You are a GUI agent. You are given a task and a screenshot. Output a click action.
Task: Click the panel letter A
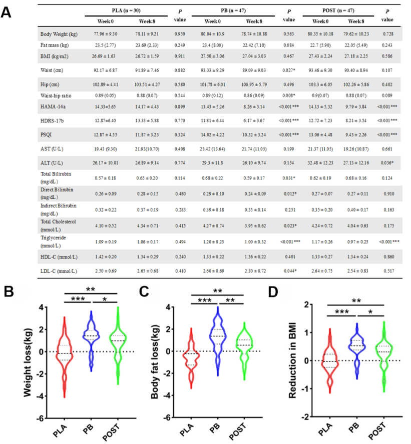coord(7,11)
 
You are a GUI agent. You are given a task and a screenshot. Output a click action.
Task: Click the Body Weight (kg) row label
coord(59,34)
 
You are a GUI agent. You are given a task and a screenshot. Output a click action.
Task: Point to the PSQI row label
coord(47,134)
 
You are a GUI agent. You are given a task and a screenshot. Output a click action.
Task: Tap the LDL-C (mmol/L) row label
coord(59,271)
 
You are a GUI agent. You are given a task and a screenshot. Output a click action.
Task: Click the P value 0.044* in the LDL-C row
coord(289,271)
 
